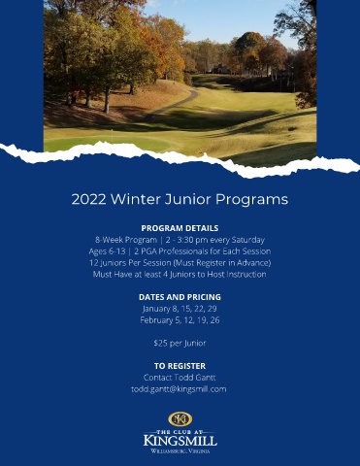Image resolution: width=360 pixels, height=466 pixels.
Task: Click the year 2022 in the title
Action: (88, 199)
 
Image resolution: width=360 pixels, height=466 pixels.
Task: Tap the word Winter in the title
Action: (136, 199)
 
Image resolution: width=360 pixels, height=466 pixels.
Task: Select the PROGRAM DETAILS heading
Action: (180, 228)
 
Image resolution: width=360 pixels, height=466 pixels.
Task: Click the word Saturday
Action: (248, 240)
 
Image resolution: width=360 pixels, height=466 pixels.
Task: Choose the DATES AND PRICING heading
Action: (180, 297)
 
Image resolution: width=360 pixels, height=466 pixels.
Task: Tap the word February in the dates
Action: (153, 320)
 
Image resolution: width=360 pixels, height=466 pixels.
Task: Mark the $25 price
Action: (160, 343)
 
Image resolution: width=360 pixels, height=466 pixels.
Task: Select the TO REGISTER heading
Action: (180, 366)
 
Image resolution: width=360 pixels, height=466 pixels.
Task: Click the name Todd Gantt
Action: (195, 378)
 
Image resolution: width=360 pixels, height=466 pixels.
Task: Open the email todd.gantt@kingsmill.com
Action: (179, 389)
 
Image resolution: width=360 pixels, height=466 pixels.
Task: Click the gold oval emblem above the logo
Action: (180, 419)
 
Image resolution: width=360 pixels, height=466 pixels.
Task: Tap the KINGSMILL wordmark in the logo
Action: (180, 441)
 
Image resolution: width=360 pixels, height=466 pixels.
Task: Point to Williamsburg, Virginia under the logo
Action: (180, 451)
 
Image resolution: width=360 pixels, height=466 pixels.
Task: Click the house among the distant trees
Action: (221, 69)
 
